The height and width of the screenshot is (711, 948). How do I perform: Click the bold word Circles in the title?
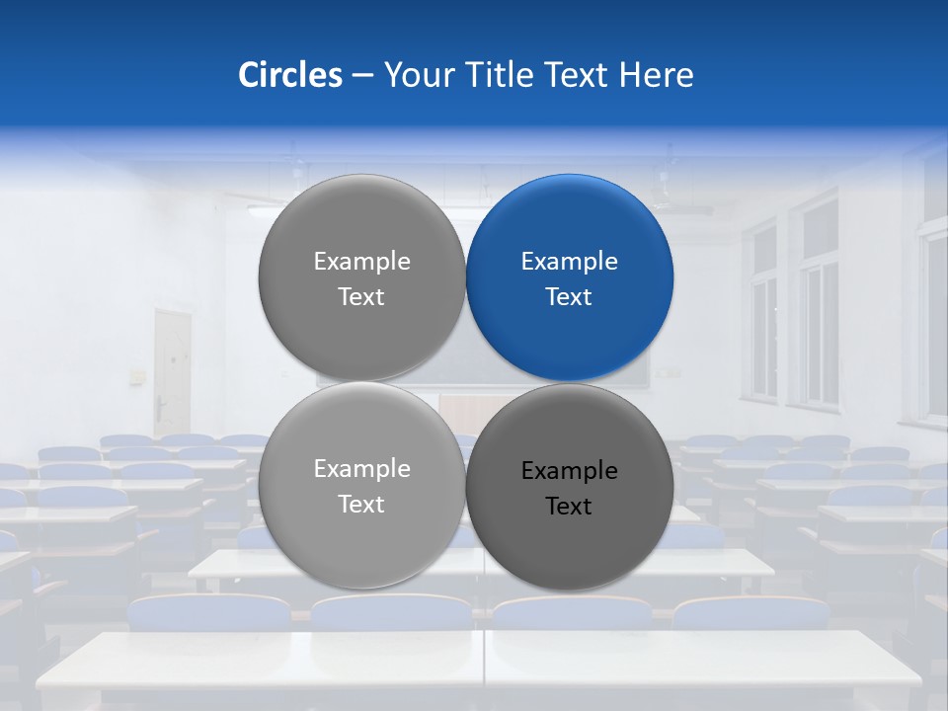289,75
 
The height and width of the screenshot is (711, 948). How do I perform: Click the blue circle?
570,278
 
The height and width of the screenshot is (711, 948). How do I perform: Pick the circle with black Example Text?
570,486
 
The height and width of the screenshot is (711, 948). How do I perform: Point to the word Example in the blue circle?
570,262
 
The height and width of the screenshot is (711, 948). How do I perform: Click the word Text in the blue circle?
570,297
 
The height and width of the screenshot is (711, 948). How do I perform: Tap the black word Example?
570,471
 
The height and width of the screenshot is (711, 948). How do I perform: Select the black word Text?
570,507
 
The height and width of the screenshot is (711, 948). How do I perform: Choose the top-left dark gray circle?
361,278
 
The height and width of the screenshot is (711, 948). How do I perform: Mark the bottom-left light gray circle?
361,486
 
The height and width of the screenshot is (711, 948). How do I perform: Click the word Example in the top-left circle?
361,262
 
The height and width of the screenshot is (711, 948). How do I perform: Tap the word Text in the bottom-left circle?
361,505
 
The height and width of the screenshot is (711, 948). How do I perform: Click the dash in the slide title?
362,76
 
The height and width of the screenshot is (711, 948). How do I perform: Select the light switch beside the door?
136,376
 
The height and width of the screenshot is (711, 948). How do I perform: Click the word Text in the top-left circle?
361,297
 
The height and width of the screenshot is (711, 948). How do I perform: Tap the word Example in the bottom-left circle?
361,469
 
